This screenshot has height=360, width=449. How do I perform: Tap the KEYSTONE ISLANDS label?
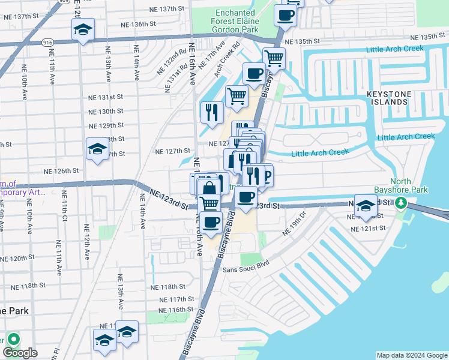(393, 98)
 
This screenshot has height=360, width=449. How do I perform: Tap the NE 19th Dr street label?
(294, 222)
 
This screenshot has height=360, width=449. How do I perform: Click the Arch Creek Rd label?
(226, 60)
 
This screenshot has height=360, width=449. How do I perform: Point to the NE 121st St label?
(369, 229)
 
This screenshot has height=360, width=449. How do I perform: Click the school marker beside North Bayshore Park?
(365, 205)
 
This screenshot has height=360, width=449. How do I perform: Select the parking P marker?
(267, 176)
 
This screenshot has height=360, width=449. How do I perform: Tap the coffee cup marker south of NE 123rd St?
(210, 222)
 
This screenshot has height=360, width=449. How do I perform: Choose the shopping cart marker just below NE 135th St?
(274, 58)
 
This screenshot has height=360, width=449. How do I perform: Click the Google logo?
(20, 353)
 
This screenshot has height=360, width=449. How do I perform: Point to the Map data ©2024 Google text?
(411, 355)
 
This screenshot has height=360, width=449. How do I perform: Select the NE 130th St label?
(106, 112)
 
